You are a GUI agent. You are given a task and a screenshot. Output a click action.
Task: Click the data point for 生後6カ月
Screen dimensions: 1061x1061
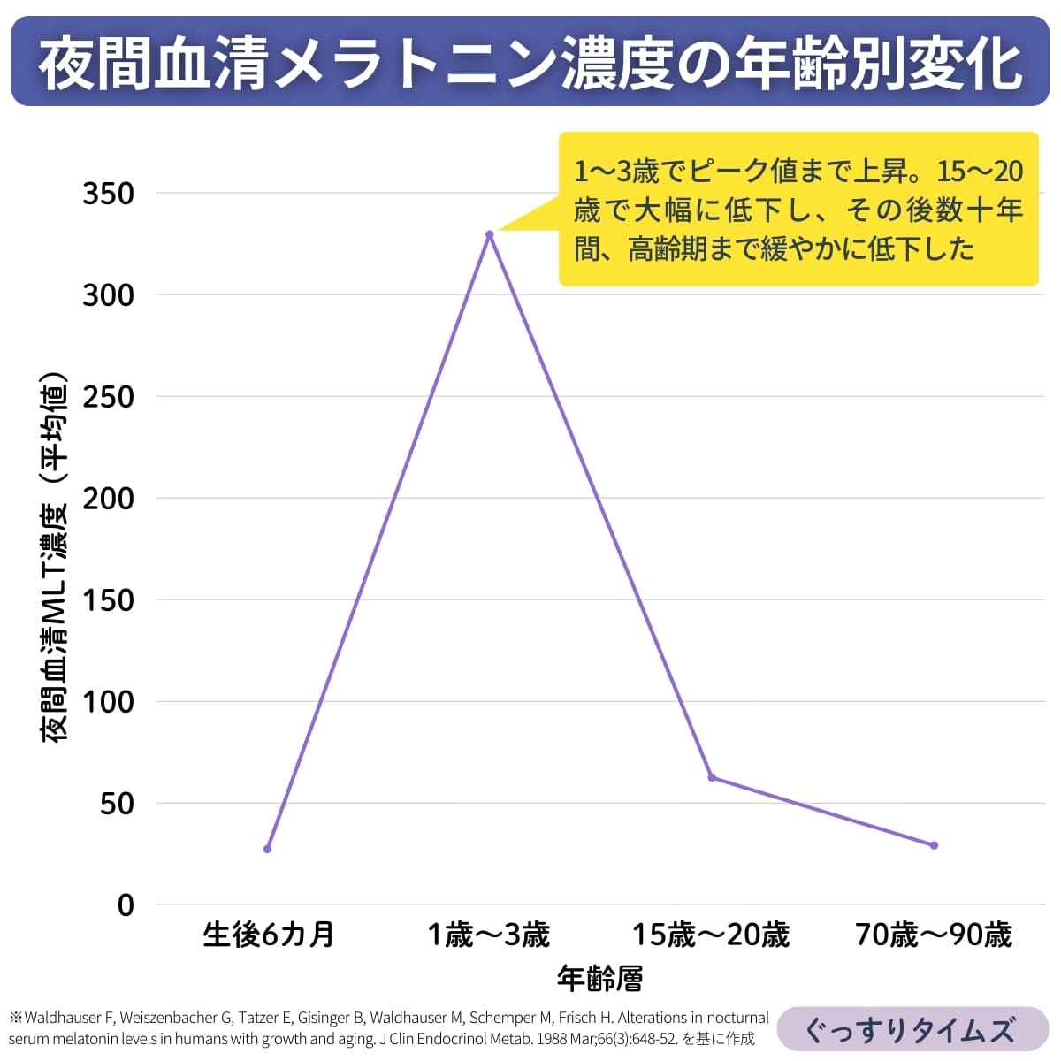pyautogui.click(x=267, y=849)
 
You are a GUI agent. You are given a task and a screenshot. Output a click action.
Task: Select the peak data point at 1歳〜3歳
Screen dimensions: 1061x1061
pyautogui.click(x=489, y=234)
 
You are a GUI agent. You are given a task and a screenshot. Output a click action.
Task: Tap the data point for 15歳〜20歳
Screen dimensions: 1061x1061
pyautogui.click(x=712, y=777)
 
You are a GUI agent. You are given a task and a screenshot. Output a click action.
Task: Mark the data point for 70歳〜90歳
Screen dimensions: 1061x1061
pyautogui.click(x=934, y=845)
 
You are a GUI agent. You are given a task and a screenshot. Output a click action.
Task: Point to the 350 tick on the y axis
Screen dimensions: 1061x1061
pyautogui.click(x=108, y=194)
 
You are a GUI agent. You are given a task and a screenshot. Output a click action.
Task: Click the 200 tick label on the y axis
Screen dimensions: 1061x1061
pyautogui.click(x=108, y=499)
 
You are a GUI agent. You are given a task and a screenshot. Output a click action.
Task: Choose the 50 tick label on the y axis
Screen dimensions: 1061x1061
pyautogui.click(x=117, y=804)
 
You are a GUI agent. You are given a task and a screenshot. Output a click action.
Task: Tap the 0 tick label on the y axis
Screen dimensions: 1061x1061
pyautogui.click(x=126, y=905)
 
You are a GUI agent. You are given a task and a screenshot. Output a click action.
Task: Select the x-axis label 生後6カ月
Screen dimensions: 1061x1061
pyautogui.click(x=268, y=935)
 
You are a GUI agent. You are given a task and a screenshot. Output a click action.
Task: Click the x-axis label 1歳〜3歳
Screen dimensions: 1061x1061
pyautogui.click(x=489, y=935)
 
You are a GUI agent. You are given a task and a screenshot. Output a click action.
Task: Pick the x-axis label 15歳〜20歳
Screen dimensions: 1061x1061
pyautogui.click(x=711, y=935)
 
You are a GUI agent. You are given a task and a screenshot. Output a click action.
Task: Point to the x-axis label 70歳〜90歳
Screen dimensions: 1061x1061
pyautogui.click(x=934, y=935)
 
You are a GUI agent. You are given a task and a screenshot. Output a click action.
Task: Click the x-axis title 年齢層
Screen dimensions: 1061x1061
pyautogui.click(x=599, y=978)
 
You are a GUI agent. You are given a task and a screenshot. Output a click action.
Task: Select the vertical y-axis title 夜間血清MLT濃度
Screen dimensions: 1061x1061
pyautogui.click(x=55, y=619)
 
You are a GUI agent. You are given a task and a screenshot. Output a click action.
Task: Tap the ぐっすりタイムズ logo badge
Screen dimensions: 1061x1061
pyautogui.click(x=911, y=1030)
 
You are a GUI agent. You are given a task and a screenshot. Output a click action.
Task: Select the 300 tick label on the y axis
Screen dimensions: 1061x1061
pyautogui.click(x=108, y=295)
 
